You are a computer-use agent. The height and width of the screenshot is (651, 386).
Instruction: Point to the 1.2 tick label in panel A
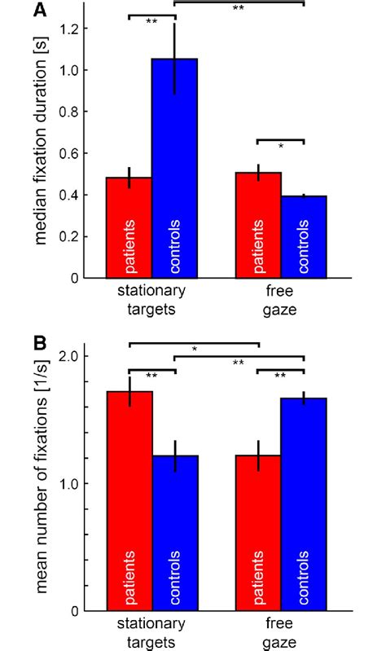(71, 29)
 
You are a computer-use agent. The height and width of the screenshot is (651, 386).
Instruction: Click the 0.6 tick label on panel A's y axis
(71, 153)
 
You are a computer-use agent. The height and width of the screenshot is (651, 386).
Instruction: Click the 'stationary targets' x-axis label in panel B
(151, 632)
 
